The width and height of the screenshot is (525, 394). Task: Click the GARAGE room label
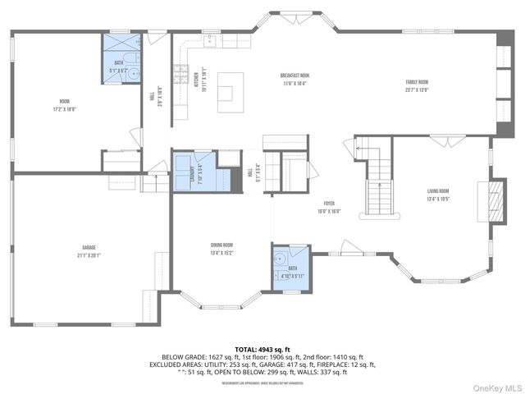click(89, 246)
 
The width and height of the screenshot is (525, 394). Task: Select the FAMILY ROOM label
click(418, 82)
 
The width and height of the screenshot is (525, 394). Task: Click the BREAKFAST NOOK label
click(294, 76)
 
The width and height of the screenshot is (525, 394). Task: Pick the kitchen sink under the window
click(210, 39)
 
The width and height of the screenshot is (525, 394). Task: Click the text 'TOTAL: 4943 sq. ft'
click(262, 349)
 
